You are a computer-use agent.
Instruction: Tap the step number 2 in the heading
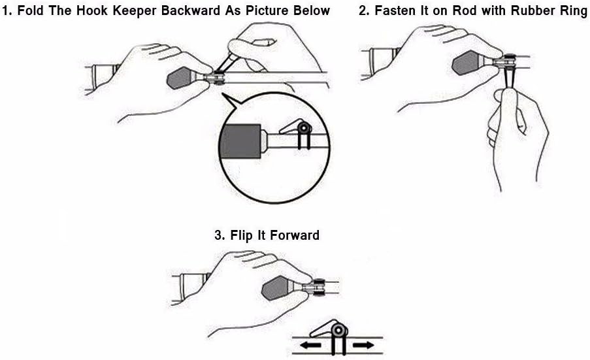(x=363, y=10)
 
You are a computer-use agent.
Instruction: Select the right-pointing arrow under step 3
(x=363, y=344)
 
